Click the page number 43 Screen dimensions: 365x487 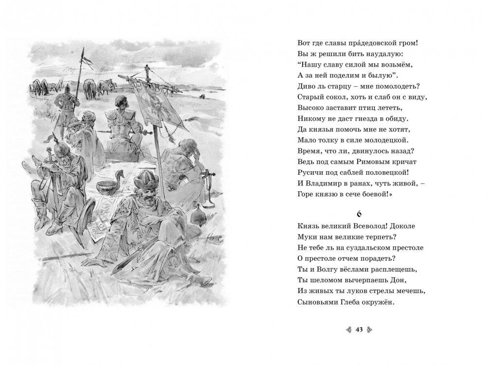tap(360, 329)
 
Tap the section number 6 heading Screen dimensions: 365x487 tap(359, 214)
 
